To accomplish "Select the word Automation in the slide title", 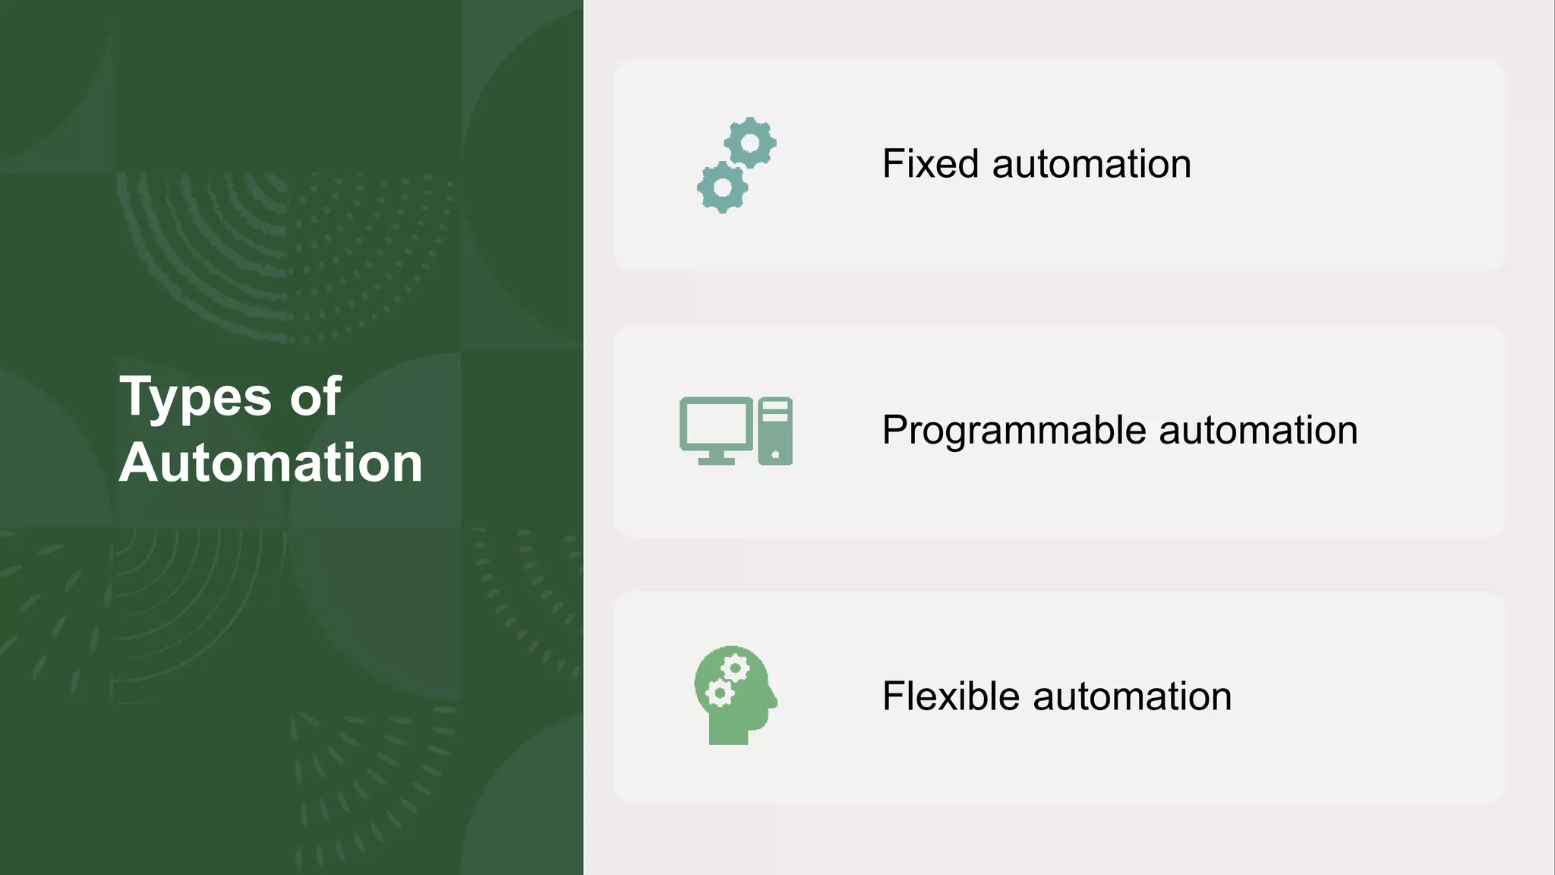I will click(x=270, y=463).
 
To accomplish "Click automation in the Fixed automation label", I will click(x=1091, y=164).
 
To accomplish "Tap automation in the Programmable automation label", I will click(x=1258, y=431).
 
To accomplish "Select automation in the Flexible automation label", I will click(x=1132, y=697).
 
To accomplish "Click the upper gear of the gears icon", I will click(x=750, y=143).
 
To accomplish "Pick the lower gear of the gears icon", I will click(x=723, y=187).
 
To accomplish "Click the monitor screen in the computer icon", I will click(x=715, y=424).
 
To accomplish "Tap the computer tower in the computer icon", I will click(x=775, y=431).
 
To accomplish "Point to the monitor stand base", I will click(x=716, y=460).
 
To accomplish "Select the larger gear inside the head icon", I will click(x=735, y=669).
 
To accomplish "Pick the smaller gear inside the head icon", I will click(x=718, y=693).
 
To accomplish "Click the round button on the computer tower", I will click(x=775, y=454).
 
